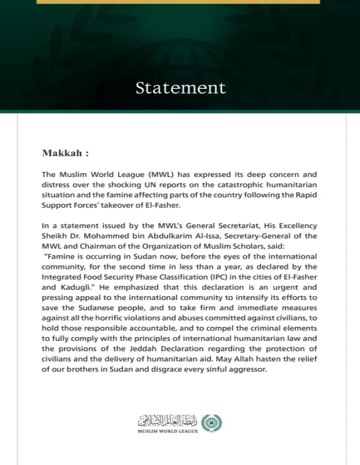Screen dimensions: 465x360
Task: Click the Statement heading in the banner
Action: (181, 88)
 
